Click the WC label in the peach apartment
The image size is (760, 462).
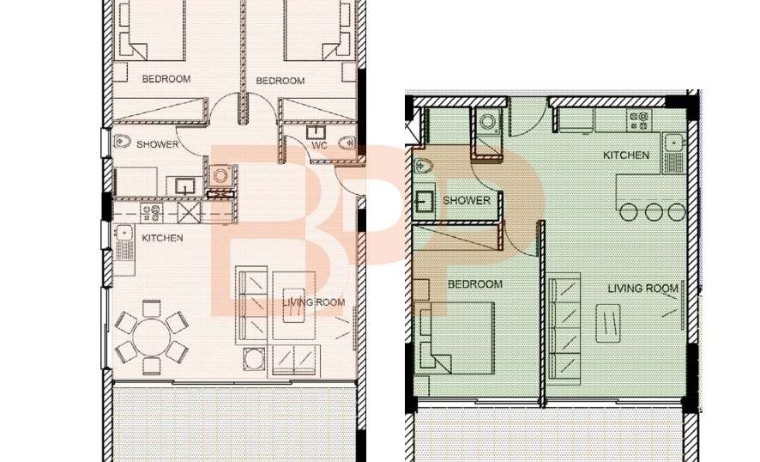pyautogui.click(x=319, y=146)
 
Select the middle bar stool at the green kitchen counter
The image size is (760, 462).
pyautogui.click(x=654, y=212)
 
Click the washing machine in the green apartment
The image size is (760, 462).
pyautogui.click(x=487, y=121)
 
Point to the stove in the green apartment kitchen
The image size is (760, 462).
pyautogui.click(x=639, y=120)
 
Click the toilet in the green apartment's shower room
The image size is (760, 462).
pyautogui.click(x=423, y=166)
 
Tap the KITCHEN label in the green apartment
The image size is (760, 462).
pyautogui.click(x=625, y=155)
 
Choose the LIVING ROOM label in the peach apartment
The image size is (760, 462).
pyautogui.click(x=314, y=303)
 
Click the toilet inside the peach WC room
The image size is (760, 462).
pyautogui.click(x=347, y=143)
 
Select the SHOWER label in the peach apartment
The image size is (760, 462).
pyautogui.click(x=158, y=144)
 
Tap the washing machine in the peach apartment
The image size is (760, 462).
pyautogui.click(x=220, y=175)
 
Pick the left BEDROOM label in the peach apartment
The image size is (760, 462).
pyautogui.click(x=166, y=79)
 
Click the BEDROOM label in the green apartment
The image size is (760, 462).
pyautogui.click(x=475, y=284)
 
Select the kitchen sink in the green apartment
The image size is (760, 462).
pyautogui.click(x=673, y=153)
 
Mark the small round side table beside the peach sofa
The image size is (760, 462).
pyautogui.click(x=254, y=359)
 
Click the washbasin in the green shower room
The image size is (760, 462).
pyautogui.click(x=425, y=202)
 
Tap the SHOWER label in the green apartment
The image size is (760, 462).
pyautogui.click(x=467, y=200)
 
